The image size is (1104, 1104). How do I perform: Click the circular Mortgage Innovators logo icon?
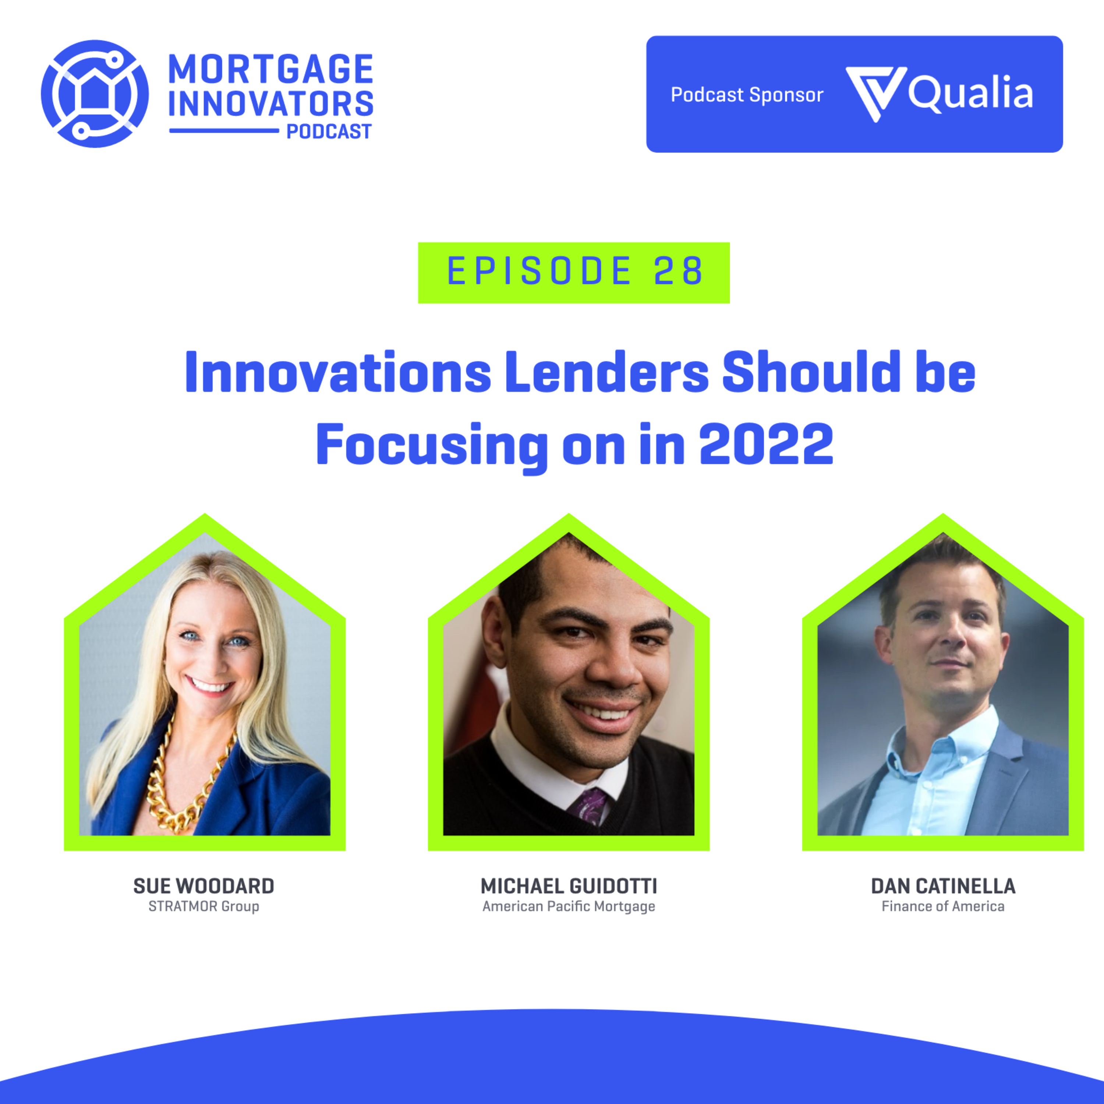click(x=95, y=94)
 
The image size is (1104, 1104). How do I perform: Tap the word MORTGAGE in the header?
click(x=271, y=69)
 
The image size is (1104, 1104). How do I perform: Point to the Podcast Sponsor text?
click(x=747, y=95)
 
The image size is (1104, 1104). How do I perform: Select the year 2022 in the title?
click(x=766, y=444)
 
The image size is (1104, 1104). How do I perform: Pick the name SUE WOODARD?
click(x=204, y=886)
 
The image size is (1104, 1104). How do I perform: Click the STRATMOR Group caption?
click(x=204, y=906)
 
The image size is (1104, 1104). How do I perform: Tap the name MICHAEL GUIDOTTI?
click(x=569, y=886)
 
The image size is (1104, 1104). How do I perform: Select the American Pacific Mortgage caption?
click(x=569, y=907)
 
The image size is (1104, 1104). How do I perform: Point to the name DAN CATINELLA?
click(x=944, y=886)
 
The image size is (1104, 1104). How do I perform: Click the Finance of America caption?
click(x=944, y=906)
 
